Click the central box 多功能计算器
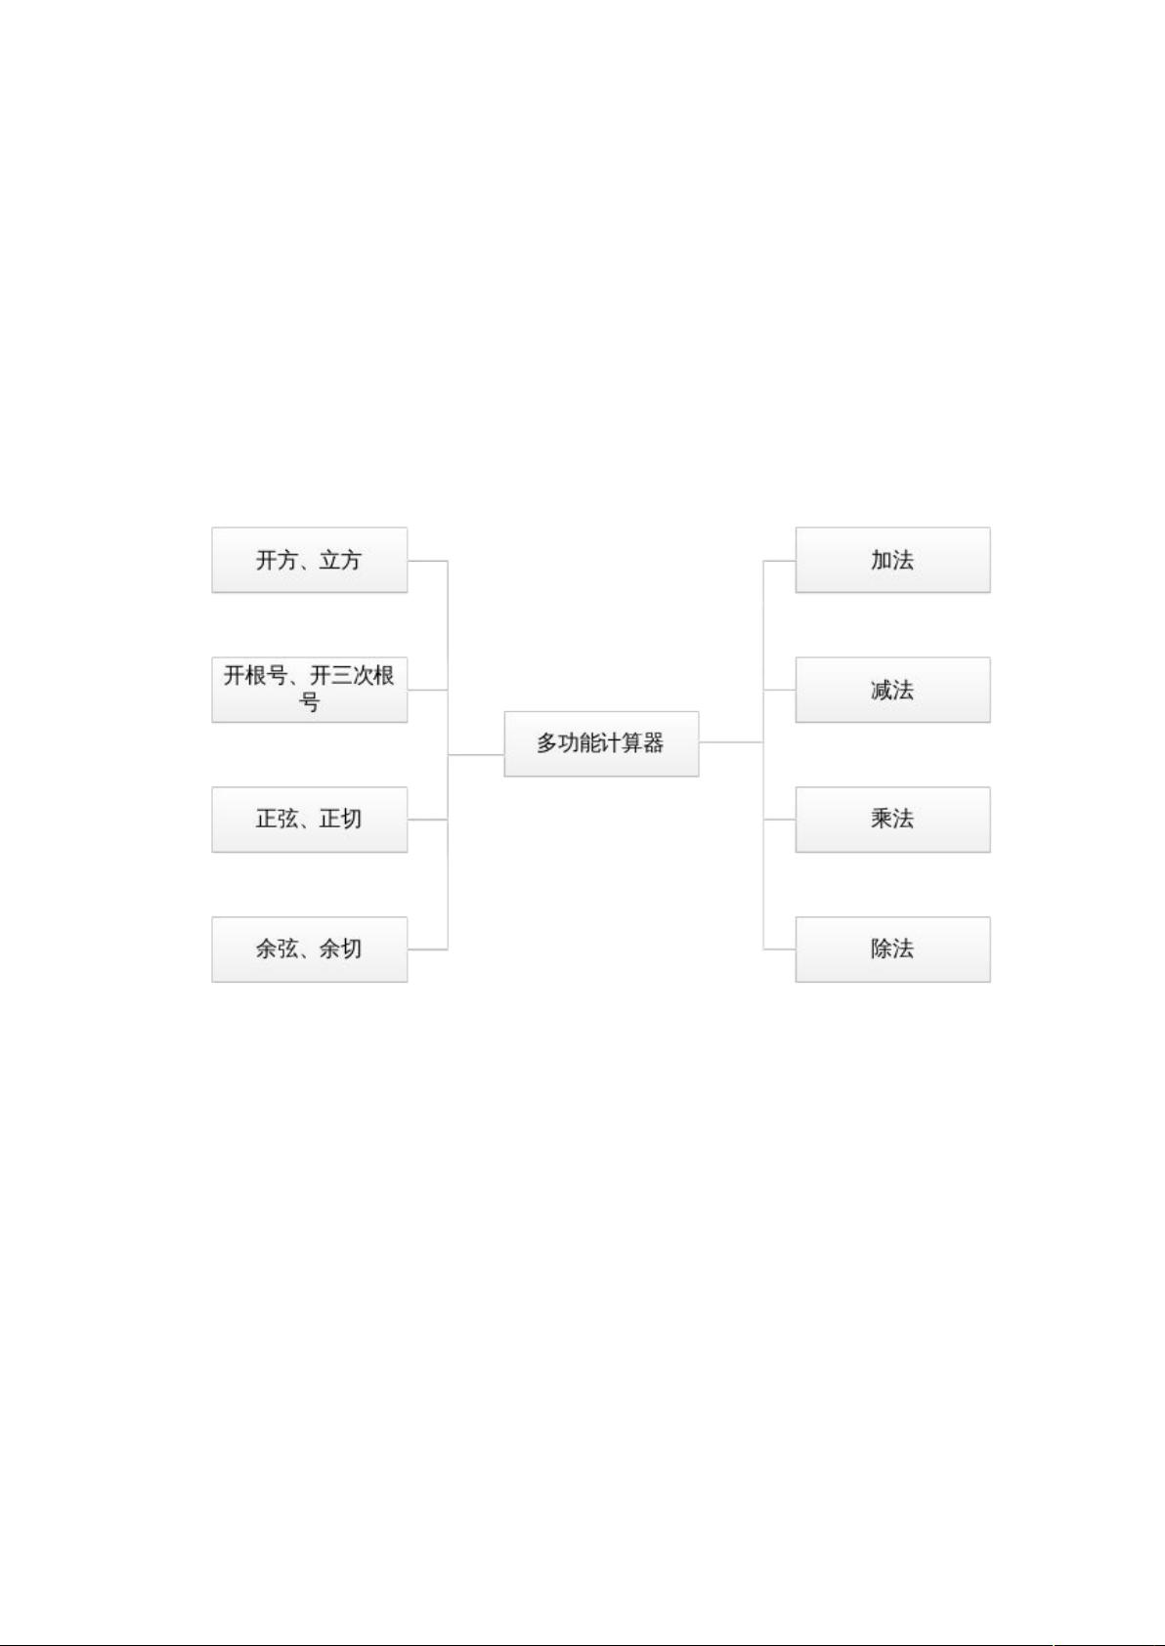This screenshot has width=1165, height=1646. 601,743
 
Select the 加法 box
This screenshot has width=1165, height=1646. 892,560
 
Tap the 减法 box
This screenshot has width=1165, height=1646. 892,690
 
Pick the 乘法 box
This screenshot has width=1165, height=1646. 892,819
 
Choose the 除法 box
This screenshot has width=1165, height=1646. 892,949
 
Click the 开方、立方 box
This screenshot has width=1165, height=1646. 309,560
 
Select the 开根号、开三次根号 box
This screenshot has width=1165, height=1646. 309,689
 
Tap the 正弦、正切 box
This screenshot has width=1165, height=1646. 309,819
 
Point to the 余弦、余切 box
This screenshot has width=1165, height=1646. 309,949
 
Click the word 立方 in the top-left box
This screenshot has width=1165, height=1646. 341,560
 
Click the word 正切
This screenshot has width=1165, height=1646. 341,819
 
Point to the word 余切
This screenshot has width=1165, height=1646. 341,949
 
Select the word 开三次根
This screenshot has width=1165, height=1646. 353,675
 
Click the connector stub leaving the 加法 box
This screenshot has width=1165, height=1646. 779,561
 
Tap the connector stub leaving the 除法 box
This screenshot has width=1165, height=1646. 779,950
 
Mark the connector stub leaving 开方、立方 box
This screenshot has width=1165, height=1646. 427,561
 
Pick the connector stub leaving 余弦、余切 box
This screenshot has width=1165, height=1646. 427,950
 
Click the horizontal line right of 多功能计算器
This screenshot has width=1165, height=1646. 730,742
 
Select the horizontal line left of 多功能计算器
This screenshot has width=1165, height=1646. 476,755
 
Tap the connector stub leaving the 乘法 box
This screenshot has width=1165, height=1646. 779,820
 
